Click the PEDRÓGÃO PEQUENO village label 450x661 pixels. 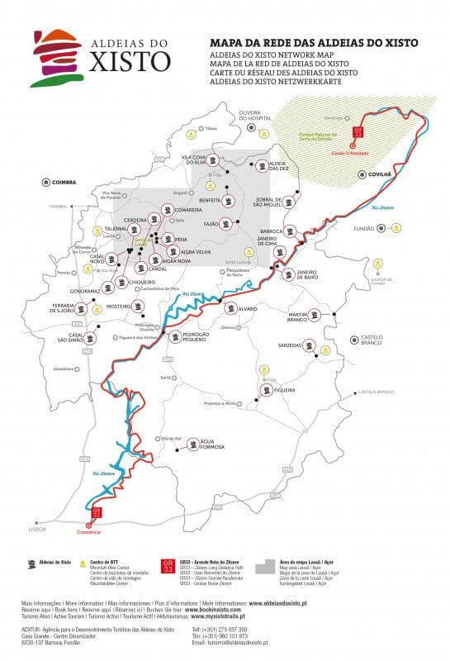pos(203,336)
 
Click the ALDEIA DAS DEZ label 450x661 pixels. pos(278,167)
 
